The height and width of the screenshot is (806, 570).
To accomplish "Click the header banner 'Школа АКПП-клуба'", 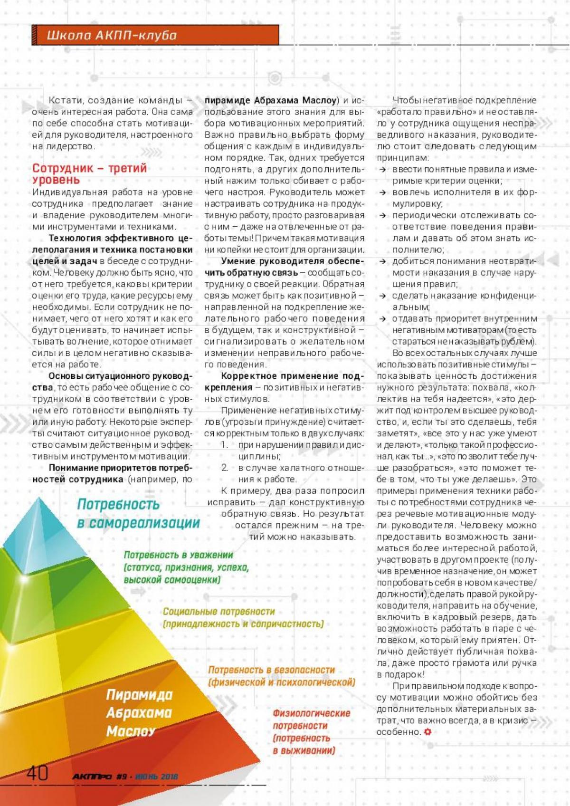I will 112,35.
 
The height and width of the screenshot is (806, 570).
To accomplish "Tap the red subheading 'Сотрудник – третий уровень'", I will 89,174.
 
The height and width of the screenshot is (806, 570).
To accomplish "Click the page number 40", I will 37,773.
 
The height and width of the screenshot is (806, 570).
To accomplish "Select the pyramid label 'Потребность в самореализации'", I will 138,514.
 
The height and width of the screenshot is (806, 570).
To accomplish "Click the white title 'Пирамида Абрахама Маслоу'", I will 139,712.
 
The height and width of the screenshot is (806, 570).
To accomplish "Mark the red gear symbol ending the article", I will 427,732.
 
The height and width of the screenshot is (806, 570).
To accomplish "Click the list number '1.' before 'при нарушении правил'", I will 225,445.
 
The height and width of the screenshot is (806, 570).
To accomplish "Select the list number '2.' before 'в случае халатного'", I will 225,468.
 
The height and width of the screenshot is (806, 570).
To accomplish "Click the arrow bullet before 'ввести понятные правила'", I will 383,170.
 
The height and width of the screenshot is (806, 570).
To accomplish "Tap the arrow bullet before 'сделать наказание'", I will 383,296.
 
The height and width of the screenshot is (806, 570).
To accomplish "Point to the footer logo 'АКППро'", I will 92,777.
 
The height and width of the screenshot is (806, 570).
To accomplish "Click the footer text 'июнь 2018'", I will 156,777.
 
